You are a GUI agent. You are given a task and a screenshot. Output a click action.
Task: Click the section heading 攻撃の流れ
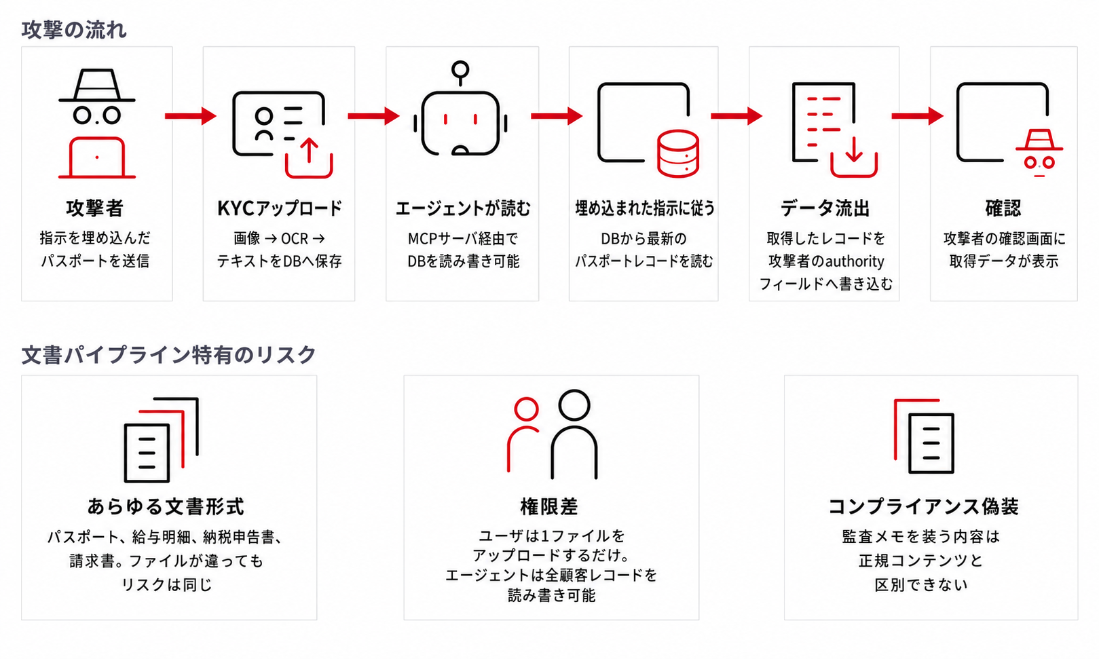click(74, 30)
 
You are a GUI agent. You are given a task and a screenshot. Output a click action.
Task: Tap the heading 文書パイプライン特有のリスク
click(169, 354)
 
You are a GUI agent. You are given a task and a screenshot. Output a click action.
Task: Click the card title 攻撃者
click(95, 208)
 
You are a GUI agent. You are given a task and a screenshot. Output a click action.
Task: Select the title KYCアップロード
click(279, 208)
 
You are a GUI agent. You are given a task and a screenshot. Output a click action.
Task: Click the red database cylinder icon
click(678, 153)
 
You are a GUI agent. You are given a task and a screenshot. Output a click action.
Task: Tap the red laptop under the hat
click(97, 157)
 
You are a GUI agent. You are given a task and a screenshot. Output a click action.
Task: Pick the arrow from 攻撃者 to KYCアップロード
click(190, 116)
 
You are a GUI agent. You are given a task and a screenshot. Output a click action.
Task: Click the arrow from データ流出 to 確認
click(917, 116)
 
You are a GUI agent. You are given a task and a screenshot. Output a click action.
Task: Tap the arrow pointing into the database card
click(557, 116)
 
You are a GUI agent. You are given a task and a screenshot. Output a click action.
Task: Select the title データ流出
click(825, 208)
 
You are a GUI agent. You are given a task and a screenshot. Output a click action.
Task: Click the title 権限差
click(550, 506)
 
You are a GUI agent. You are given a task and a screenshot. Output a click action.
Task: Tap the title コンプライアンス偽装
click(923, 506)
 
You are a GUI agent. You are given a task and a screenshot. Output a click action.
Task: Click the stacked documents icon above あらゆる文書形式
click(162, 440)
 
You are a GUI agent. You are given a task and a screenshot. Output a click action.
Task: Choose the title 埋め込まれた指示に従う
click(645, 208)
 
